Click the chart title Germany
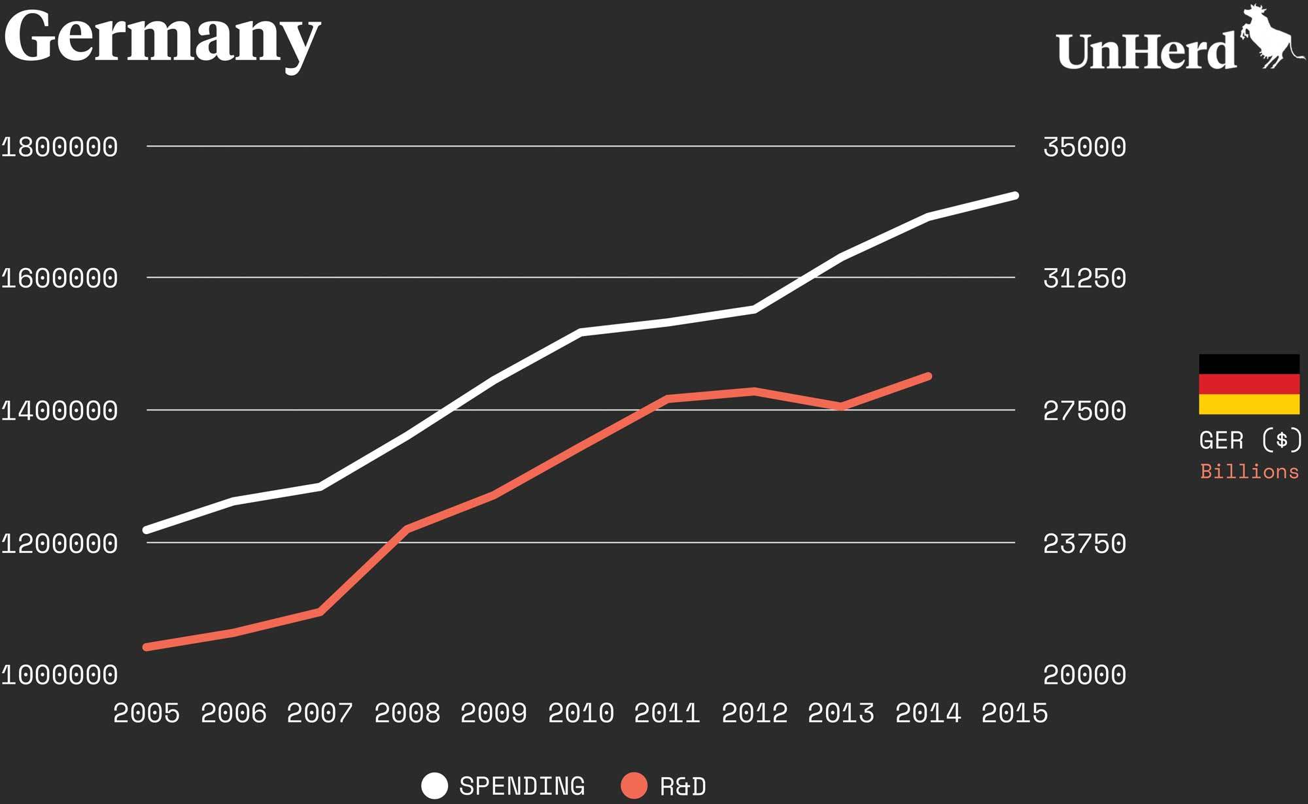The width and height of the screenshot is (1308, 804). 162,38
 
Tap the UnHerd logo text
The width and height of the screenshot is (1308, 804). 1146,51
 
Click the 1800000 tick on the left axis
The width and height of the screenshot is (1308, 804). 60,147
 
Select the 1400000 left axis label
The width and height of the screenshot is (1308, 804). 60,411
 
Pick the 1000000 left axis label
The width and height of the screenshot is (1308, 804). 60,675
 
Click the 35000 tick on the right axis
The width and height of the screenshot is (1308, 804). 1084,147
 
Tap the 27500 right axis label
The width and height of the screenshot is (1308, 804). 1084,411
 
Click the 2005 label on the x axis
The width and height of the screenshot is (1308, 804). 146,713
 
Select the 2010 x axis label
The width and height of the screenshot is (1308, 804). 581,713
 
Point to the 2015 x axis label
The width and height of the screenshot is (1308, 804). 1014,713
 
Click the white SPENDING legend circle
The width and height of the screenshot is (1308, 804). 435,786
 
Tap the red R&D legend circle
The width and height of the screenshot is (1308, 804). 634,786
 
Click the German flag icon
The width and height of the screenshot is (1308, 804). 1249,384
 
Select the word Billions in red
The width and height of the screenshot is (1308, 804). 1249,472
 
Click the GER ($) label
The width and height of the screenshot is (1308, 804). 1249,441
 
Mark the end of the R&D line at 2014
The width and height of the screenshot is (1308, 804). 928,377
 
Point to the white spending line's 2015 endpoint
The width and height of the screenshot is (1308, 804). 1015,195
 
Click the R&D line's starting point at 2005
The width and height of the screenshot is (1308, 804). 146,647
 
